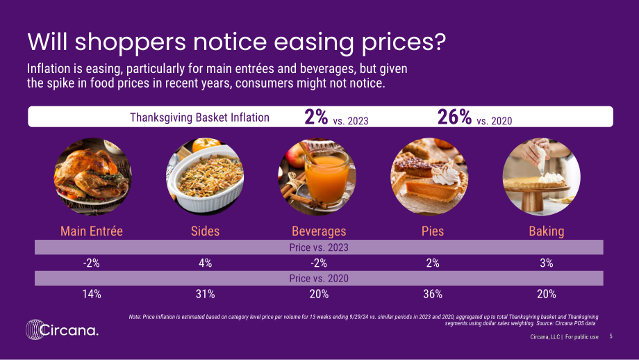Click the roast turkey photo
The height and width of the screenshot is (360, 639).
coord(92,177)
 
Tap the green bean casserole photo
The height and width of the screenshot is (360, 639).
coord(205,177)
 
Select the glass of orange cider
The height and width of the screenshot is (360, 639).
coord(327,177)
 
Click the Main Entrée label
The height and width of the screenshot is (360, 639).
coord(92,231)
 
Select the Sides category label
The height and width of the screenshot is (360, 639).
coord(205,231)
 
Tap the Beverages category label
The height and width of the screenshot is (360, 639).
coord(319,231)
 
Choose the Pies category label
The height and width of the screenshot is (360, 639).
coord(433,231)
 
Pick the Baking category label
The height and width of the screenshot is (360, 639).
coord(547,231)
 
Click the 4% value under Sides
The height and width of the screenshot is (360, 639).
coord(205,263)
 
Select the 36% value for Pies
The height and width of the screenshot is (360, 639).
coord(433,294)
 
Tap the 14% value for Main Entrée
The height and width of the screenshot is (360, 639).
coord(92,294)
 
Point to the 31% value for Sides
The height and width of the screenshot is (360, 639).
coord(205,294)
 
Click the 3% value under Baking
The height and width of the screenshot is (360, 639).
coord(547,263)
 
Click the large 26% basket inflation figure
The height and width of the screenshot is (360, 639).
coord(454,117)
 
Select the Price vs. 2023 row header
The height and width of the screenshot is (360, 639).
coord(319,247)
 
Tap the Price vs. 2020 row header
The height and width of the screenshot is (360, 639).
coord(319,279)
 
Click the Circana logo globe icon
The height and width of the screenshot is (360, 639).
coord(34,329)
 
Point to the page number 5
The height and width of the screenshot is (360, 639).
coord(611,336)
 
